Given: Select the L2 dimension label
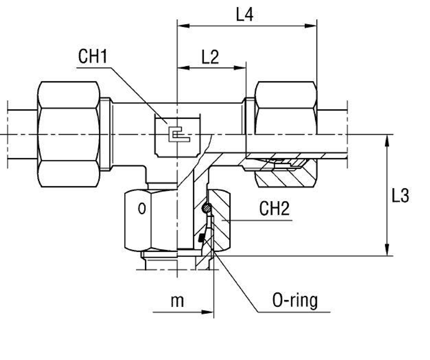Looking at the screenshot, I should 210,57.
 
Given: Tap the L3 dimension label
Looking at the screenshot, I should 400,196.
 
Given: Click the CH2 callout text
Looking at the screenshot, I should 274,209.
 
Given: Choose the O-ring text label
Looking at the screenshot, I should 295,301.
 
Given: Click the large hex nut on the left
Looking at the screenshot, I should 69,134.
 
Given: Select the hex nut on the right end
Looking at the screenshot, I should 286,108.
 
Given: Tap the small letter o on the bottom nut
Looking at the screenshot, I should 142,209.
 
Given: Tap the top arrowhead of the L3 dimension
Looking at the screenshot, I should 388,140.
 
